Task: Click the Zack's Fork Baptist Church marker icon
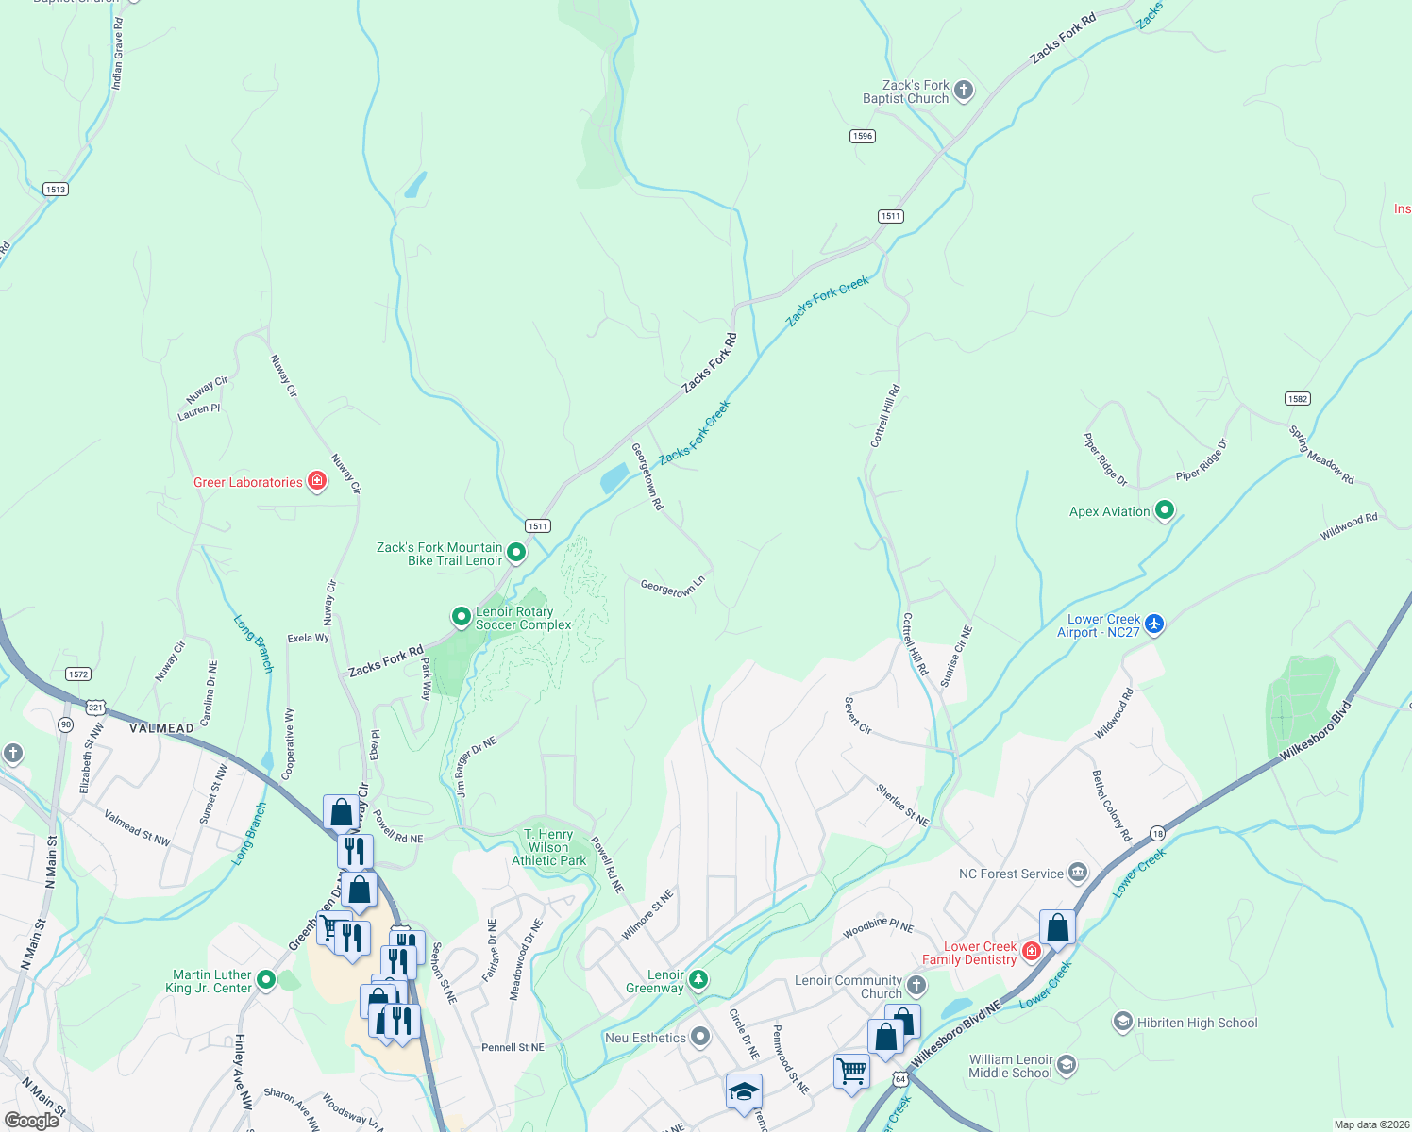coord(964,91)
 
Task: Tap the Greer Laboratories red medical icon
coord(317,482)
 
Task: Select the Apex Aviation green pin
coord(1165,510)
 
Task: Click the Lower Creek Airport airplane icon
coord(1154,624)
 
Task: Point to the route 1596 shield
coord(862,136)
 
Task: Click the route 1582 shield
coord(1297,399)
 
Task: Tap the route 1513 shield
coord(56,189)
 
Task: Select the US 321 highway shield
coord(95,707)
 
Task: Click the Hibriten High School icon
coord(1122,1022)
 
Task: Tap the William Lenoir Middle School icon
coord(1066,1065)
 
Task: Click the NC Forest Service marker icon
coord(1078,873)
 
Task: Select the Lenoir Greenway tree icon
coord(698,980)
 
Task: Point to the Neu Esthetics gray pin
coord(699,1037)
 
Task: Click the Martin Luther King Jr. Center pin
coord(266,980)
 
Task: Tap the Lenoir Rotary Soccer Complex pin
coord(461,617)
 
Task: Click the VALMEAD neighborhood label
coord(161,728)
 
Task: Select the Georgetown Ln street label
coord(672,588)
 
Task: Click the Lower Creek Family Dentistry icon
coord(1031,951)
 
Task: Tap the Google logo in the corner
coord(32,1120)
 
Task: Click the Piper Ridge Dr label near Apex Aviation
coord(1202,460)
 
